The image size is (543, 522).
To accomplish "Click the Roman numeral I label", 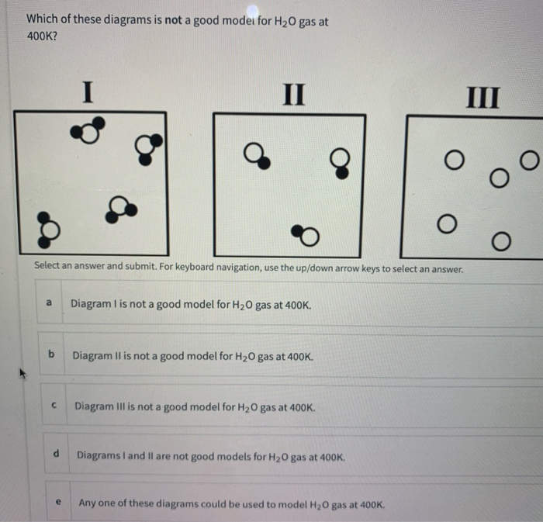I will tap(88, 94).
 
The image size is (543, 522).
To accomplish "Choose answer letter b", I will tap(51, 354).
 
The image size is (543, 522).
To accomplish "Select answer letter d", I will tap(57, 454).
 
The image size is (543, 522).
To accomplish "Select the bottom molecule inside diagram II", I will tap(306, 232).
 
